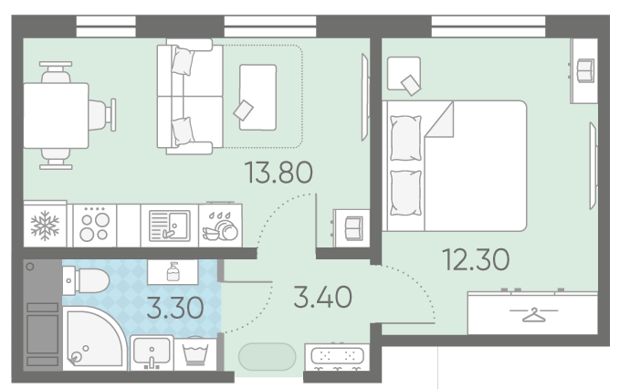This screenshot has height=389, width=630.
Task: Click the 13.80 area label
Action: pos(278,173)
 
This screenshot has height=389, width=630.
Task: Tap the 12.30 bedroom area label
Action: pos(476,259)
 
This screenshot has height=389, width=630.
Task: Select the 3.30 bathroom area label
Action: pos(174,308)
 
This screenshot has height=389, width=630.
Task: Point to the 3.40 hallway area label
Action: pos(322,298)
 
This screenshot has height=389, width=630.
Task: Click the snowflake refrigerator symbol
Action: pos(45,226)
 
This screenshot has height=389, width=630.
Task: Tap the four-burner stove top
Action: pos(95,226)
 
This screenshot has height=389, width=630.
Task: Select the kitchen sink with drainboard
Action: pos(169,226)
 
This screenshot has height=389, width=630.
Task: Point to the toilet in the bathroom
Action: pos(86,280)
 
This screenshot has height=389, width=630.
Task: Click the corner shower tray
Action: pos(92,338)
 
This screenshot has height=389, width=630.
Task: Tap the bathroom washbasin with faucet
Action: pos(152,352)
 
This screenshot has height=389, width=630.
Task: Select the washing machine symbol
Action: pos(195,353)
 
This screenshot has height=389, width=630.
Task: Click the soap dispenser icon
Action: pos(173,271)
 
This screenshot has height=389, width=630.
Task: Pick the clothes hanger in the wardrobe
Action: pos(533,315)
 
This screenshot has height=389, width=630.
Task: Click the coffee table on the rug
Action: pos(258,97)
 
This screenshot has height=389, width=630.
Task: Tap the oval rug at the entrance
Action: pos(268,356)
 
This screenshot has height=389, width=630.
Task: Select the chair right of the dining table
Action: pos(102,115)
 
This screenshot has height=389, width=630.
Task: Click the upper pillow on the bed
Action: pos(405,138)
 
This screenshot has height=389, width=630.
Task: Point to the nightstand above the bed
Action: pos(404,74)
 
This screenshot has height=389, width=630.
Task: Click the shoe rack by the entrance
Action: pos(337,357)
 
